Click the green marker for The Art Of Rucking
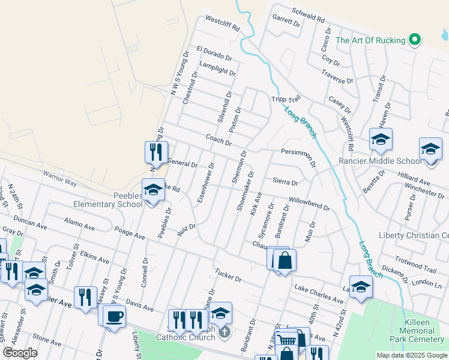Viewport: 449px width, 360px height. [x=414, y=40]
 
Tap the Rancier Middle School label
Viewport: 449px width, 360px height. [x=380, y=161]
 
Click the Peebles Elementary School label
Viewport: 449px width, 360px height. [x=108, y=200]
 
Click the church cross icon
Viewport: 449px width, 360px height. [x=223, y=331]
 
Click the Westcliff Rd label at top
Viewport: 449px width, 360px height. [x=222, y=23]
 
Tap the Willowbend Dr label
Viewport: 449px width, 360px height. [x=309, y=204]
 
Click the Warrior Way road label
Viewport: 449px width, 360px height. [x=59, y=178]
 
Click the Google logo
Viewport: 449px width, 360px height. [x=20, y=353]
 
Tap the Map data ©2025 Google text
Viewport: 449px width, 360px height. [x=411, y=355]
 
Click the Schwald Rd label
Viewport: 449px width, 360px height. [x=308, y=15]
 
